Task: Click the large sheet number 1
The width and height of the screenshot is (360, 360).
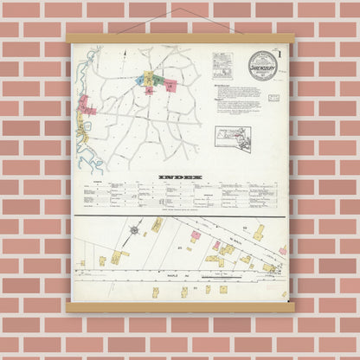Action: point(280,57)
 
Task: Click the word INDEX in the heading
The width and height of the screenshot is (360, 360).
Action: point(179,177)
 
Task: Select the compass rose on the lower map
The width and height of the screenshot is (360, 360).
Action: point(136,230)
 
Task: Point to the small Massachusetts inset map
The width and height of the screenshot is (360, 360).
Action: point(233,138)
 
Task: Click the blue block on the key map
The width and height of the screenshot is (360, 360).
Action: point(138,79)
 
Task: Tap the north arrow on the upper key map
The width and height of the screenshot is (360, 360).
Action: point(123,54)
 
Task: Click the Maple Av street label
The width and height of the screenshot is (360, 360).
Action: point(183,274)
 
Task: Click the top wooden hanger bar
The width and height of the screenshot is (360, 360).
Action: point(179,38)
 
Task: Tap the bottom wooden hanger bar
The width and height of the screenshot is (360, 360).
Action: point(179,306)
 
